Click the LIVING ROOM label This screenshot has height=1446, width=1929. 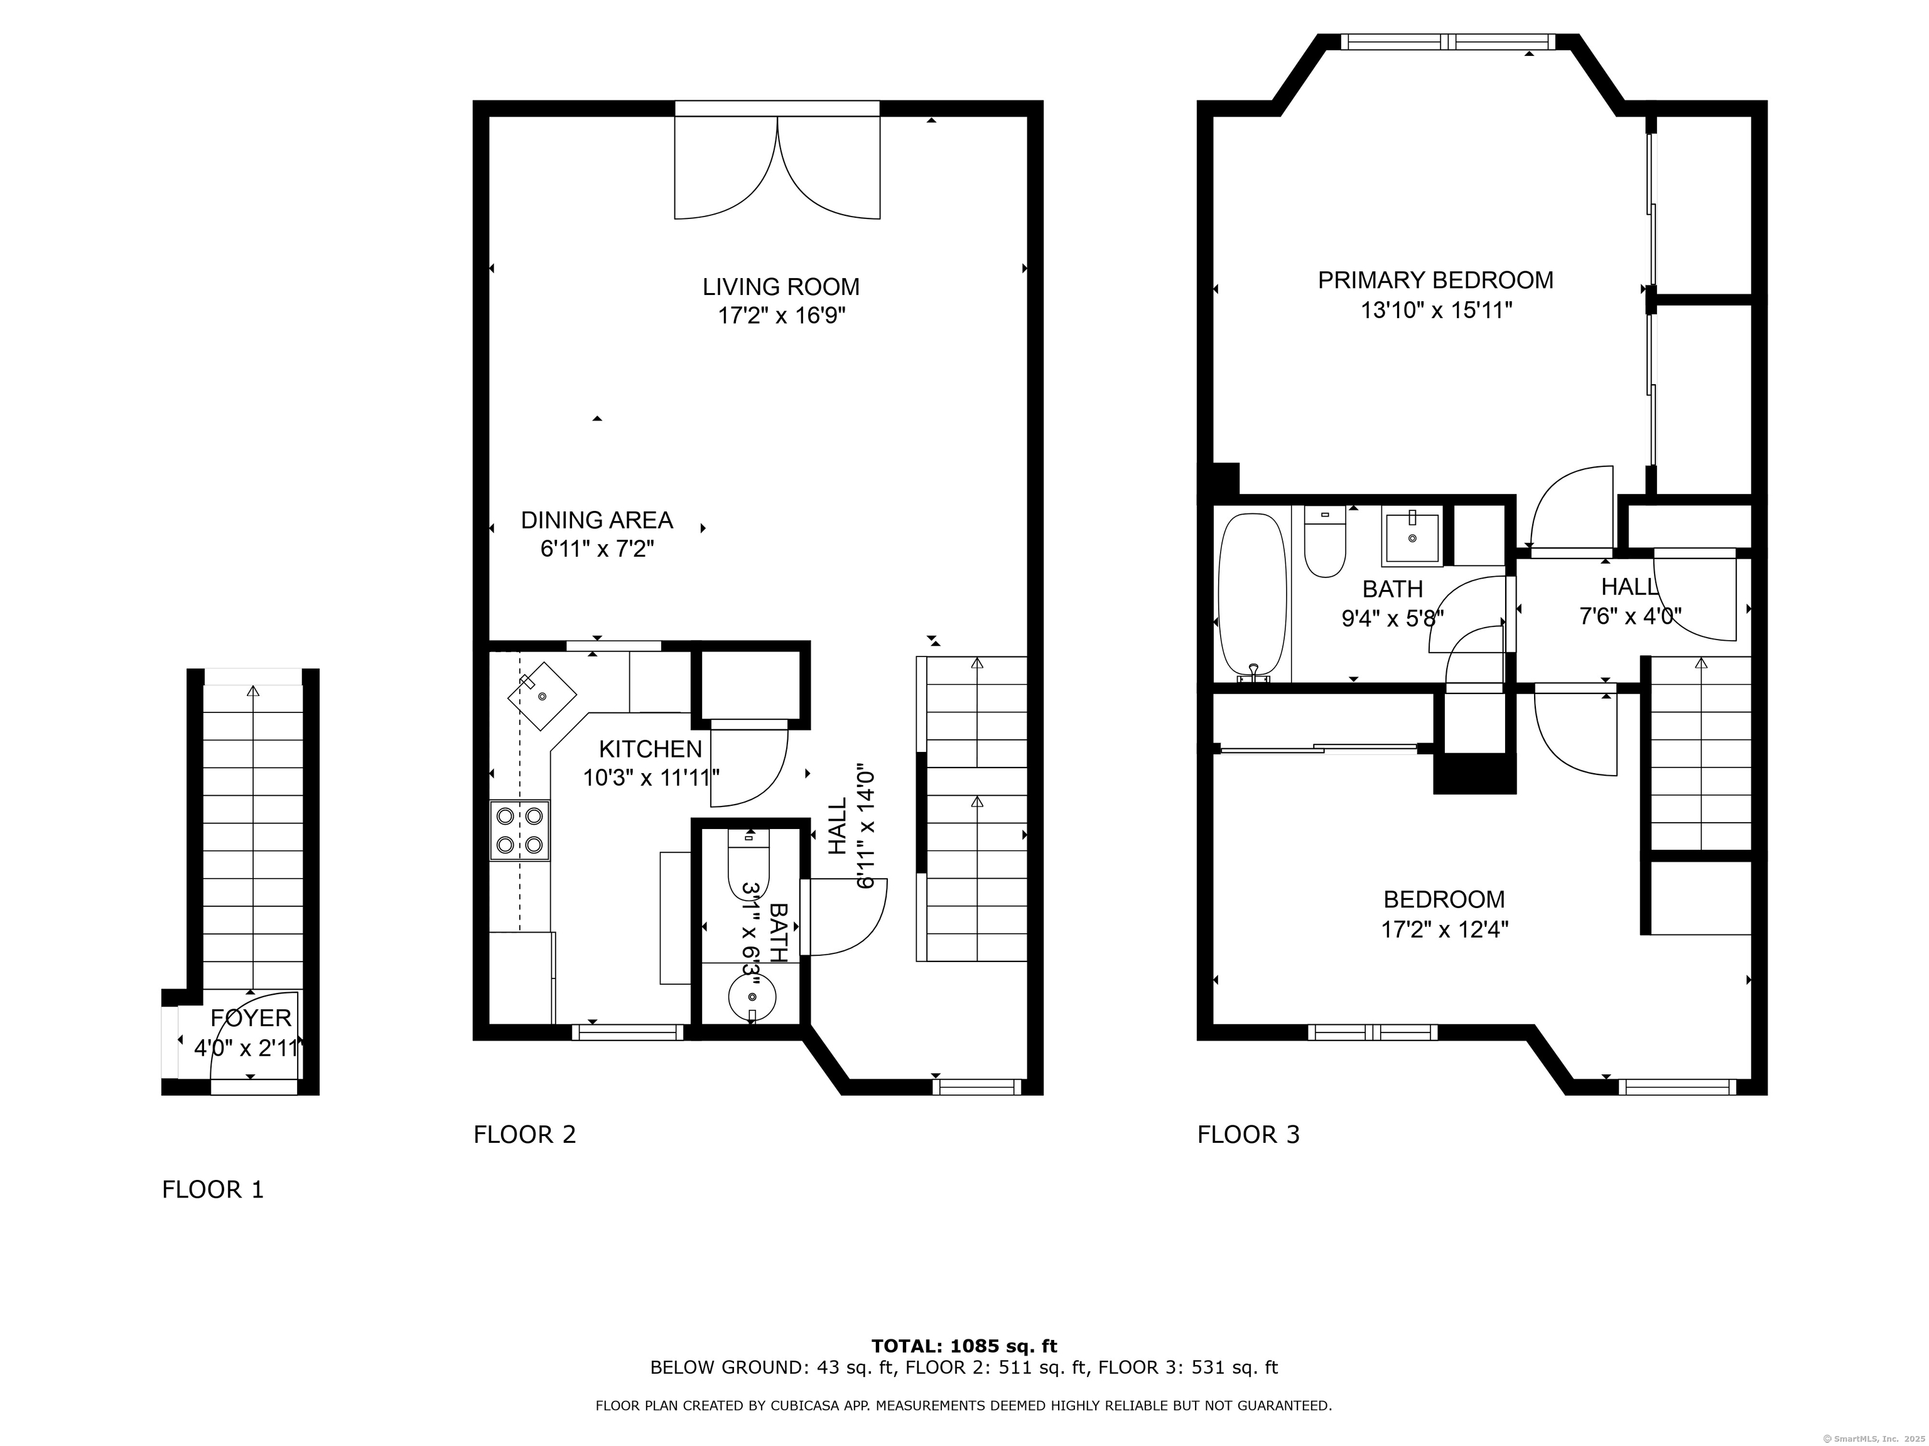(781, 287)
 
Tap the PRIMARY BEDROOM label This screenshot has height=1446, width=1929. (1435, 281)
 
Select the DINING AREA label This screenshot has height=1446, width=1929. (597, 520)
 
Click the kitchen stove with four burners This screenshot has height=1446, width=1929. (520, 831)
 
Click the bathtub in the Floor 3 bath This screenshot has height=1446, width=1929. (1252, 597)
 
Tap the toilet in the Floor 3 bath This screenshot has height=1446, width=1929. (1325, 541)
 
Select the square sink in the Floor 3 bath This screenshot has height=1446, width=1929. (1411, 538)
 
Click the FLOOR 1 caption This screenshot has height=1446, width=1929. (213, 1190)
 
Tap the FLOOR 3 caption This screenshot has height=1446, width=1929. (1249, 1135)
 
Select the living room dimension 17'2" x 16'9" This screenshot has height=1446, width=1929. (781, 316)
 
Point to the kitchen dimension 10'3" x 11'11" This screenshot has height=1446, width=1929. (651, 778)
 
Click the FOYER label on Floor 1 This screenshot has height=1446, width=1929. (251, 1018)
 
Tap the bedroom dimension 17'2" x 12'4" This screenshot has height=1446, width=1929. (1444, 929)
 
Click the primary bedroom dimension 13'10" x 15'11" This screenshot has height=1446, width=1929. (1436, 309)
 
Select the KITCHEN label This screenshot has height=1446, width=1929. (651, 749)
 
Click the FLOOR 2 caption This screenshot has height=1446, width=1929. (525, 1135)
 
